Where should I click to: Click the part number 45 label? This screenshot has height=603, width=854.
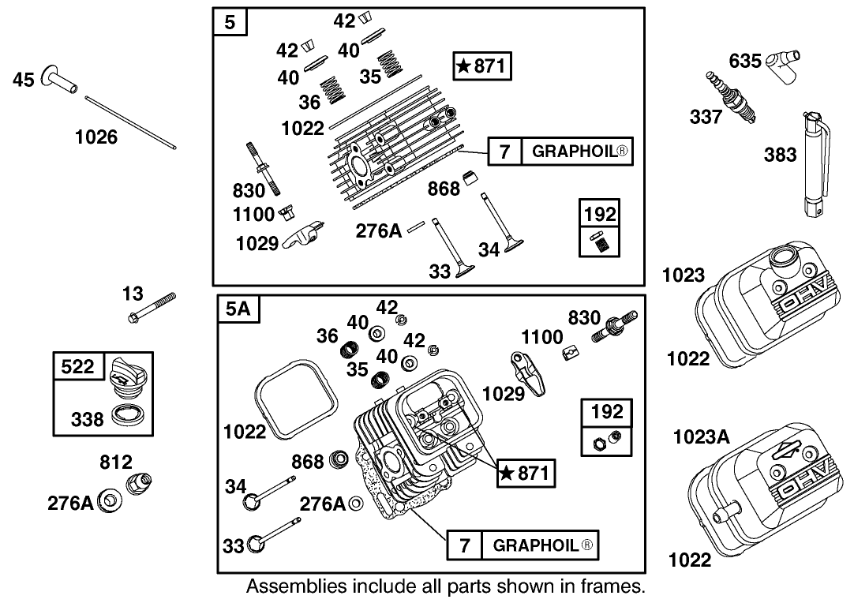[23, 80]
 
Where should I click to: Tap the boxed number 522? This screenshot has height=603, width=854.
[77, 366]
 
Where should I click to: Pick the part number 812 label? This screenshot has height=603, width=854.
[116, 462]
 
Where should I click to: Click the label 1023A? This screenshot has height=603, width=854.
[701, 436]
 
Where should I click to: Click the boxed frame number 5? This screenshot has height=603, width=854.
[230, 22]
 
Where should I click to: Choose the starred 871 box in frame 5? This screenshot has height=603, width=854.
[482, 66]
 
